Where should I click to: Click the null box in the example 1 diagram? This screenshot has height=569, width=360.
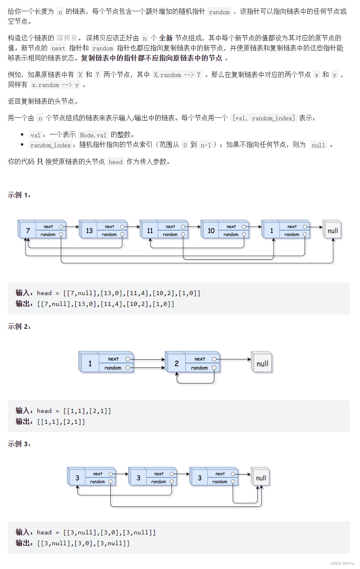[x=333, y=230]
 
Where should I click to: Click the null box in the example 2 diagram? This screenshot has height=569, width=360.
[x=262, y=363]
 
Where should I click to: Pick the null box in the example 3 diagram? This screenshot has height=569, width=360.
[x=261, y=477]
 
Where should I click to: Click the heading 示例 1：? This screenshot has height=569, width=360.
[x=19, y=195]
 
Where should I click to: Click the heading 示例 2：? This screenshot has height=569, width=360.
[x=19, y=326]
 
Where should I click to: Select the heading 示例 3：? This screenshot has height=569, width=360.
[x=19, y=444]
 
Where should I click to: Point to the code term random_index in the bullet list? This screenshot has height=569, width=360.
[x=50, y=145]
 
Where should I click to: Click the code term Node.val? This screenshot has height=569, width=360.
[x=93, y=135]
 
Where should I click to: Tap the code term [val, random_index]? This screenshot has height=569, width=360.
[x=263, y=118]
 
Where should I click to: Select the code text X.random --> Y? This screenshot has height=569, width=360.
[x=177, y=75]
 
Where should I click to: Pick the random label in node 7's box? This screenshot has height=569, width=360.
[x=48, y=234]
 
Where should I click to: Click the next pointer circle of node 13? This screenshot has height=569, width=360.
[x=122, y=227]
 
